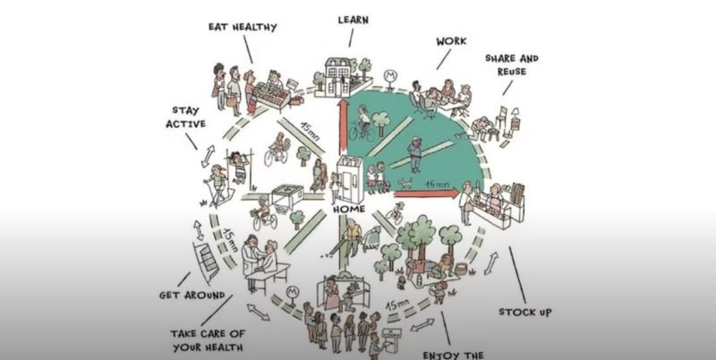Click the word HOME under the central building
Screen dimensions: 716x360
(349, 210)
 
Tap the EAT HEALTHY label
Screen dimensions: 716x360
(243, 27)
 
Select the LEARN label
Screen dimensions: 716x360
(353, 20)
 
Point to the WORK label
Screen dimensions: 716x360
(451, 41)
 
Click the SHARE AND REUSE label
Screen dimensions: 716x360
(512, 64)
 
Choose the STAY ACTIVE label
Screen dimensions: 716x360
(185, 117)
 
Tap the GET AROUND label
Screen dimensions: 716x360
(192, 296)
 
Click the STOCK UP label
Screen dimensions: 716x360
(525, 312)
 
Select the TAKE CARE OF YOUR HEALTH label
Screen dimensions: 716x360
(208, 341)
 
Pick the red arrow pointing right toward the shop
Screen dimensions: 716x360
(427, 193)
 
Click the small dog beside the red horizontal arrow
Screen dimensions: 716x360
(405, 184)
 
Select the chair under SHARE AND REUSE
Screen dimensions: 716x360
(501, 116)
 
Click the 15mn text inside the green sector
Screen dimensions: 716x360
(437, 184)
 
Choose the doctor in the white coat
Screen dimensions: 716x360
(251, 261)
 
